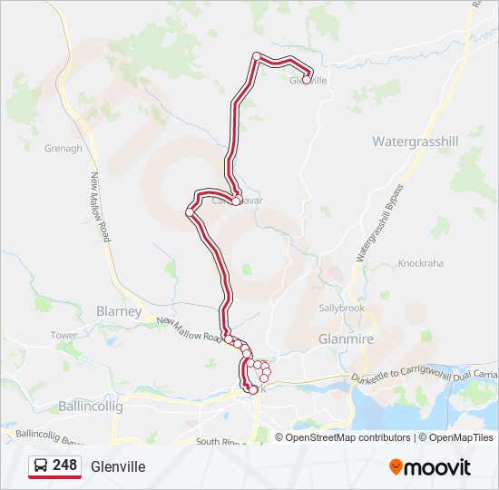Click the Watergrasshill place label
416,142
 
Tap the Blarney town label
119,311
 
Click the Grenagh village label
64,148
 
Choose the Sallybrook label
341,308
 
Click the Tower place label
64,336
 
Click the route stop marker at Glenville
307,80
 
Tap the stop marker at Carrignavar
236,201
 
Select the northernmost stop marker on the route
257,56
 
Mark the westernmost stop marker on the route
190,212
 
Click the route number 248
64,465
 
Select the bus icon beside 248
41,466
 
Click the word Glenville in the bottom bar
118,466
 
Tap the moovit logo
430,466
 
